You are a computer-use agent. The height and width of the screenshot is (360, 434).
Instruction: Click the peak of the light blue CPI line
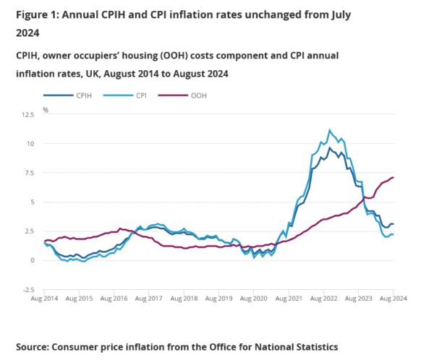point(330,130)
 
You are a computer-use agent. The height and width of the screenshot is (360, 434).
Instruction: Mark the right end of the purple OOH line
point(393,178)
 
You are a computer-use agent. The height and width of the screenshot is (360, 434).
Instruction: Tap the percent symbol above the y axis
point(45,110)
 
